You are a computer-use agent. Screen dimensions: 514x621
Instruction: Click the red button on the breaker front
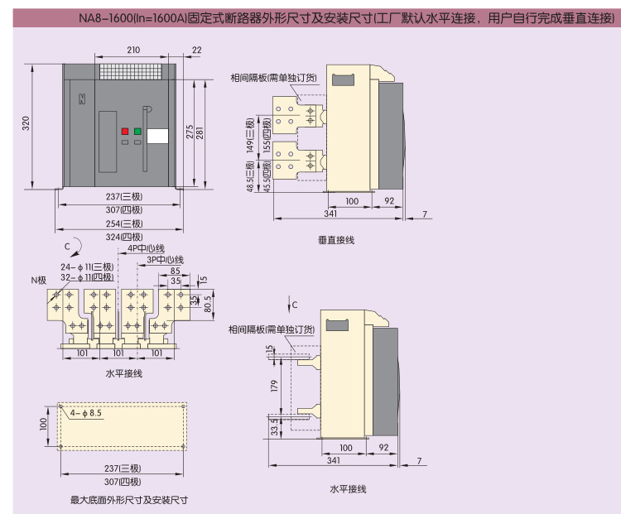click(x=124, y=131)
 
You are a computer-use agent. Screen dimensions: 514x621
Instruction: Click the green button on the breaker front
click(x=137, y=131)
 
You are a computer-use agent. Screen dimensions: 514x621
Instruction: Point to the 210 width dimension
click(x=133, y=50)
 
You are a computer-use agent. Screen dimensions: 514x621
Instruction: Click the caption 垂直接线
click(x=336, y=239)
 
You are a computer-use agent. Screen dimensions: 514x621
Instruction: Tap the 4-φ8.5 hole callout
click(x=86, y=412)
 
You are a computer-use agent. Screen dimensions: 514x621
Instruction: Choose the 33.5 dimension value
click(x=273, y=426)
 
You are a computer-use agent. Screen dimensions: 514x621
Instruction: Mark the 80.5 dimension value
click(x=208, y=304)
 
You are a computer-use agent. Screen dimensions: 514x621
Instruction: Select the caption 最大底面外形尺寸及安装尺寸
click(x=129, y=500)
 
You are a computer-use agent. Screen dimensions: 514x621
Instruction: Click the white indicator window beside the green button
click(x=156, y=136)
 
